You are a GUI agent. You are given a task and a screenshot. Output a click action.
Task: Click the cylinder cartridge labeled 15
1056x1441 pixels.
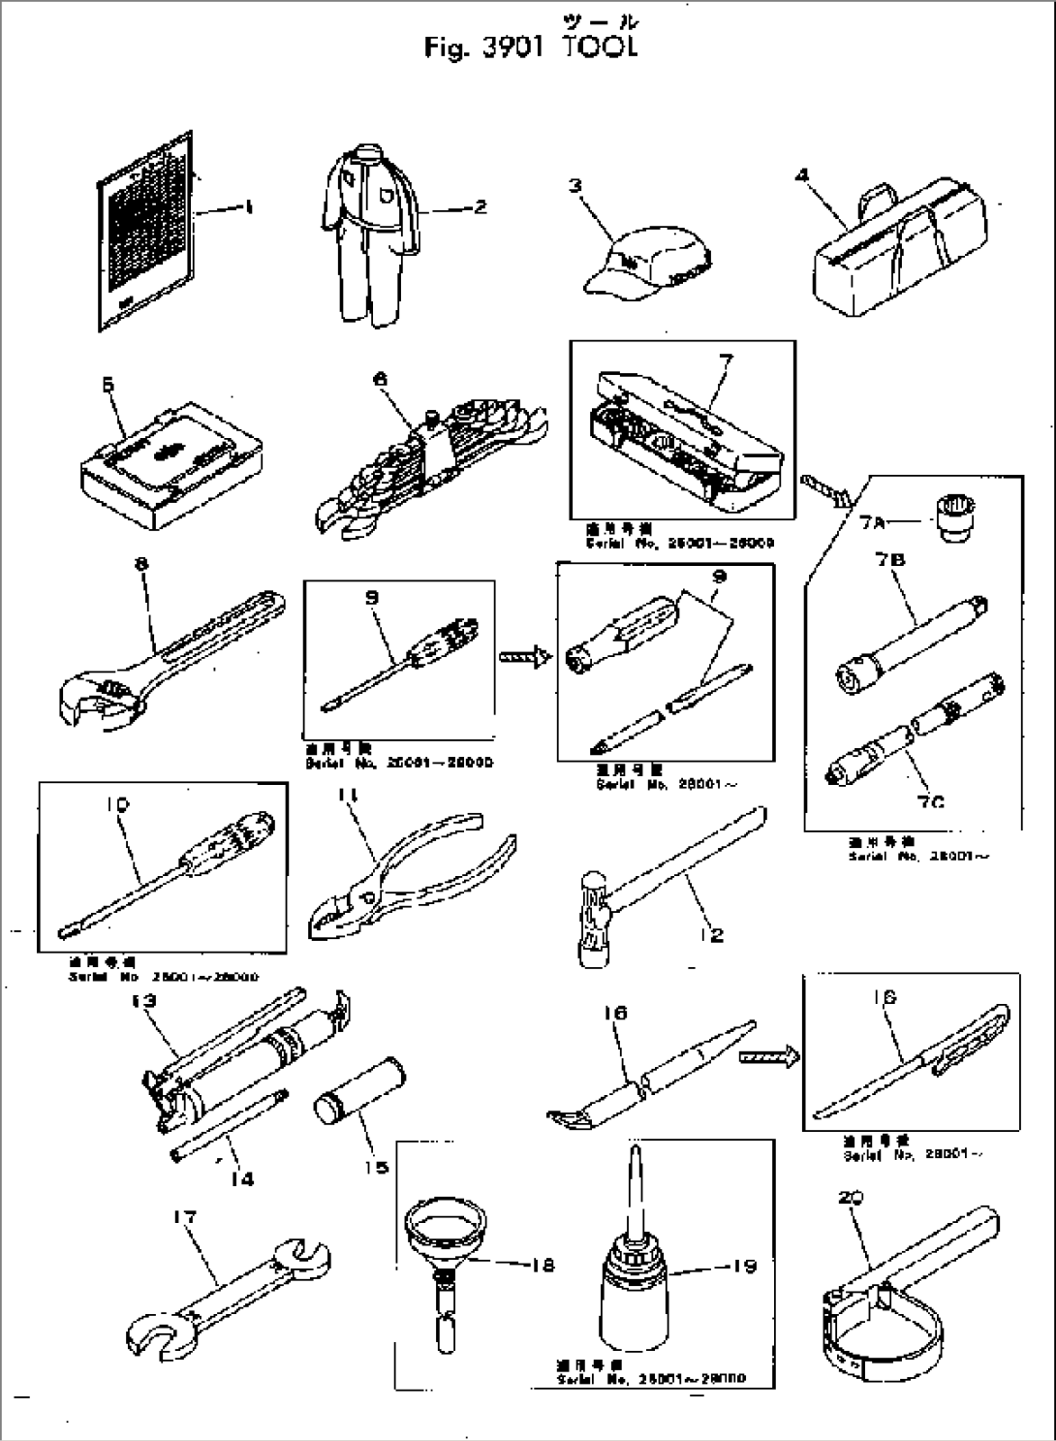(x=359, y=1092)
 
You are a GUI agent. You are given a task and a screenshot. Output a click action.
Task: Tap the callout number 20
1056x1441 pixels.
(x=852, y=1199)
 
